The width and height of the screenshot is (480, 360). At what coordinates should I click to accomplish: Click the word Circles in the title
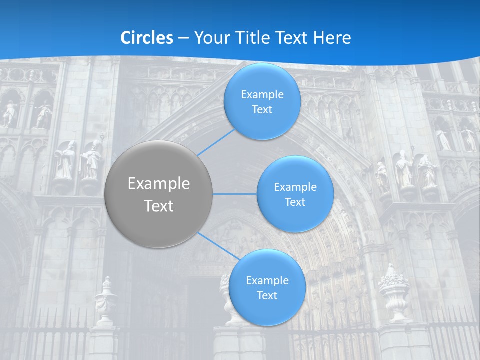point(147,37)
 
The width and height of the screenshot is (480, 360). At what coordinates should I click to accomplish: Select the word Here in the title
point(332,37)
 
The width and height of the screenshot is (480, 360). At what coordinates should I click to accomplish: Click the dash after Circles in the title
point(183,38)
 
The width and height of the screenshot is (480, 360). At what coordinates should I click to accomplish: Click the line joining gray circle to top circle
point(216,142)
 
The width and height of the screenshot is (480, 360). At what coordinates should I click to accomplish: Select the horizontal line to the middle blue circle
point(234,194)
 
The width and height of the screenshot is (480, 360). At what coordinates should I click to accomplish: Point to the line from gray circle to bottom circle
point(218,245)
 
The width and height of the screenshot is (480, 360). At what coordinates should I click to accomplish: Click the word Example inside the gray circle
point(159,184)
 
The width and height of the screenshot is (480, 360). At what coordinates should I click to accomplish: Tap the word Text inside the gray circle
point(159,206)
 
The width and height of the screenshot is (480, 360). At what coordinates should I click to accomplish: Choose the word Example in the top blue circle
point(262,94)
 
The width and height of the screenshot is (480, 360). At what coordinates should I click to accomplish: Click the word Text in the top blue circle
point(262,109)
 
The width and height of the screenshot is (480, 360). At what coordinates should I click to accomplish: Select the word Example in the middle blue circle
point(295,187)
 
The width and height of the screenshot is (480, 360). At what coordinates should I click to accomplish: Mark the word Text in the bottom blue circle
point(267,295)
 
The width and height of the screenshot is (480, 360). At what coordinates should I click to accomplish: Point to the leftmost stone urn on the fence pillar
point(106,300)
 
